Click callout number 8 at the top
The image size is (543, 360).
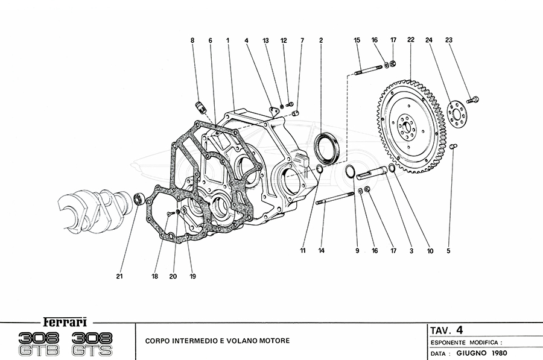coord(192,40)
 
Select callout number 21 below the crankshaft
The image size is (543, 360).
coord(119,277)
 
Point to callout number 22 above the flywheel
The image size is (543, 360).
coord(410,40)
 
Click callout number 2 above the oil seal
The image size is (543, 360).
coord(321,40)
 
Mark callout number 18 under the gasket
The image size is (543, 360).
coord(155,277)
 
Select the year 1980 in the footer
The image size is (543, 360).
coord(498,353)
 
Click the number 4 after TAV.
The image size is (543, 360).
coord(460,329)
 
